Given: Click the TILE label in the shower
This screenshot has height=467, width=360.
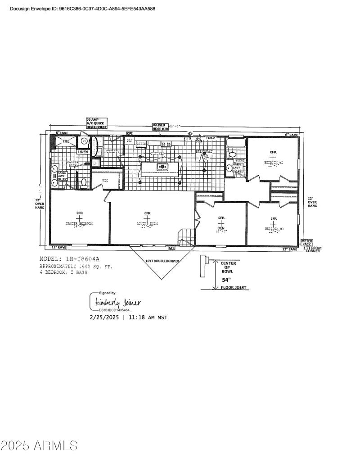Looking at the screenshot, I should click(x=66, y=141).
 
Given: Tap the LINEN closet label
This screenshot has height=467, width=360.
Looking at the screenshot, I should click(x=83, y=152).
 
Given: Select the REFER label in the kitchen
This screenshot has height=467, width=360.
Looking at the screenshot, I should click(x=142, y=144).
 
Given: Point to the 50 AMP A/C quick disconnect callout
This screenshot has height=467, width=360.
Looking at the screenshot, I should click(x=96, y=123).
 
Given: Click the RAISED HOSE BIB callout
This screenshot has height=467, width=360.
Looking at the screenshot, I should click(x=160, y=127).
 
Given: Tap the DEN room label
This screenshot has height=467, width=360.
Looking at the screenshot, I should click(x=221, y=228).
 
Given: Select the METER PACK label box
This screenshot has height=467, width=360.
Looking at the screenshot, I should click(x=307, y=242).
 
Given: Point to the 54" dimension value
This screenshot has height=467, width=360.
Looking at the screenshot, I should click(x=225, y=280).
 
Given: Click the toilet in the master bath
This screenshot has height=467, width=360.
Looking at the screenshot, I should click(x=84, y=182).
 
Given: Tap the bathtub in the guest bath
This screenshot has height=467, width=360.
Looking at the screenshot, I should click(x=236, y=143).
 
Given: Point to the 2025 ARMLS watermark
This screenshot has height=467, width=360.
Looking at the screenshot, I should click(x=39, y=446).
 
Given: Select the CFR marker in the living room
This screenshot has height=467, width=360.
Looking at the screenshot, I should click(x=147, y=213).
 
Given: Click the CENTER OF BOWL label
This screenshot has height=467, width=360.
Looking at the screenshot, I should click(x=229, y=267).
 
